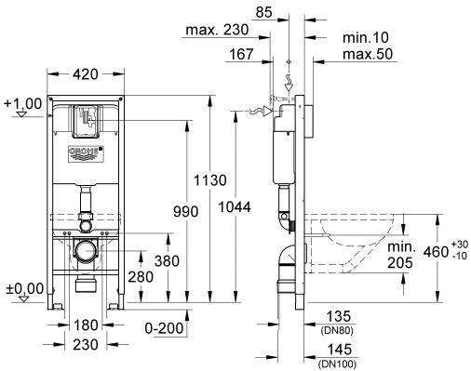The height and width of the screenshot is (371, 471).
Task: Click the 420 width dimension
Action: point(86,74)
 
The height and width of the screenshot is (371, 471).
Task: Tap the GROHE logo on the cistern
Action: point(86,153)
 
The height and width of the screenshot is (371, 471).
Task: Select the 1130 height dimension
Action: point(210,180)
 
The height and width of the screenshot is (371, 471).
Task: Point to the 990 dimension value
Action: point(185,212)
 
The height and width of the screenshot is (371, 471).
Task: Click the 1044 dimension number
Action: point(235,207)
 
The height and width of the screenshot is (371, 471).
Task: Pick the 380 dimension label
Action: point(167,261)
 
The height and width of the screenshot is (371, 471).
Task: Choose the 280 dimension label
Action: point(141,277)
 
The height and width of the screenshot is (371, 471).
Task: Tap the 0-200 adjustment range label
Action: point(165,328)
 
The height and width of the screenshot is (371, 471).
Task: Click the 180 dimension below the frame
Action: point(86,325)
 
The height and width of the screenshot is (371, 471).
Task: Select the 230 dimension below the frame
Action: point(86,344)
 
